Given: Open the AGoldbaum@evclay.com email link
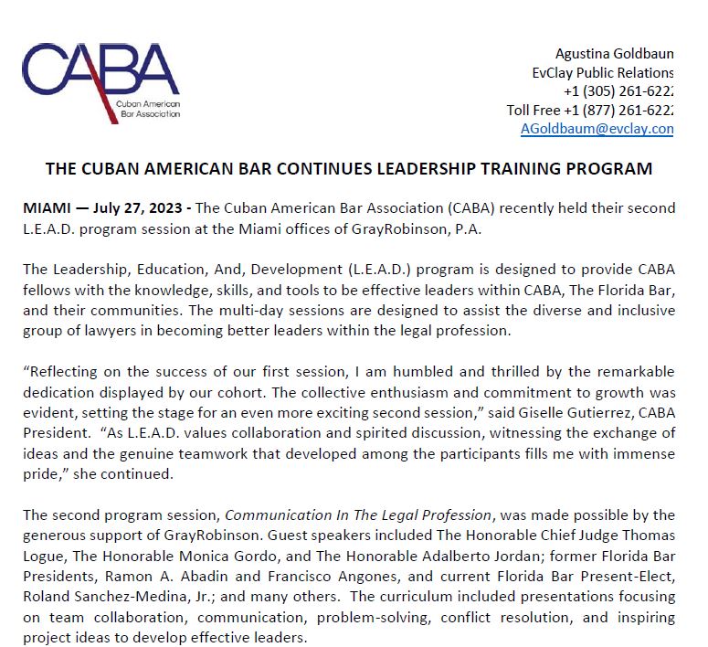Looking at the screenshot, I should pos(597,129).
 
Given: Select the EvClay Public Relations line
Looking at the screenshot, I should pos(603,72).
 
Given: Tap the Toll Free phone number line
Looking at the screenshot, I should pos(590,110).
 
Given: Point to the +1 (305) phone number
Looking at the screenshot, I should pos(618,91).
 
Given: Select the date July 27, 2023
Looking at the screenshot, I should pos(133,209).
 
